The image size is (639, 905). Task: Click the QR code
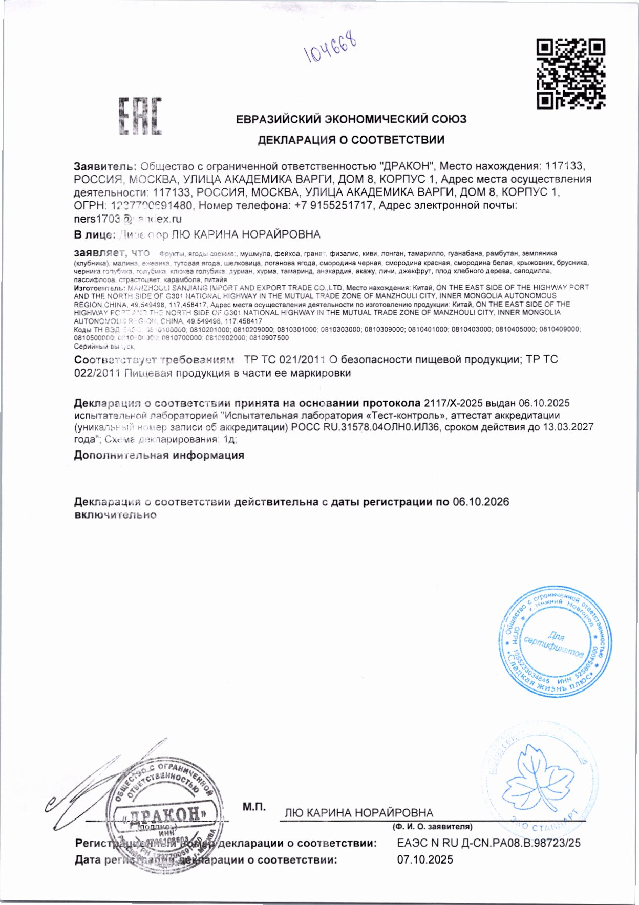[x=571, y=74]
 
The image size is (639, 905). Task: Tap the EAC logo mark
[x=140, y=116]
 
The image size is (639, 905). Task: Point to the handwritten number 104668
[x=331, y=51]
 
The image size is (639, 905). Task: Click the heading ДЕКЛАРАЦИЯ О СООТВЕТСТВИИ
[x=351, y=140]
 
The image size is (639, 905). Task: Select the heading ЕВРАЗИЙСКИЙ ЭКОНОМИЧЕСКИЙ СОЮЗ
[x=351, y=119]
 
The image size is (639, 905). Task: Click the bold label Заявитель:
[x=105, y=166]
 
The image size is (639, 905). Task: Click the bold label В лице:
[x=95, y=235]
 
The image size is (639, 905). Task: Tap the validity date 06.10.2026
[x=481, y=502]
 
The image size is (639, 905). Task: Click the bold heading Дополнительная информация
[x=159, y=455]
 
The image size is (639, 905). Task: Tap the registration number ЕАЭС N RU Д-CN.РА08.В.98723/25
[x=488, y=843]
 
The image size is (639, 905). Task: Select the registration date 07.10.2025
[x=425, y=860]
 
